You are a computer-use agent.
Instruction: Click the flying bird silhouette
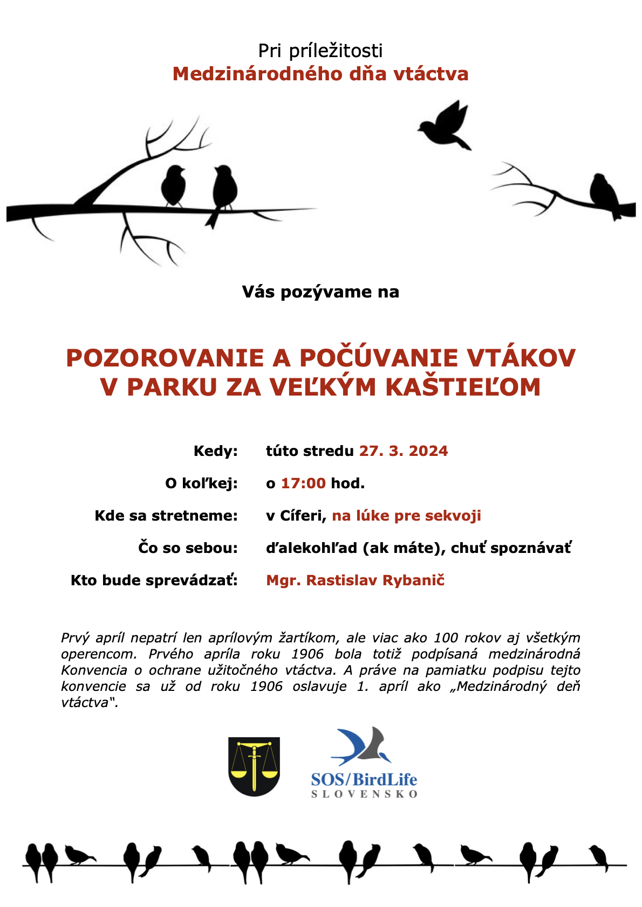[445, 125]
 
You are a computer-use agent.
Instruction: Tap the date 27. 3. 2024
[404, 451]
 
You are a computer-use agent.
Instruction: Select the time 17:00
[303, 483]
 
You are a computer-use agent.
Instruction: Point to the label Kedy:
[216, 451]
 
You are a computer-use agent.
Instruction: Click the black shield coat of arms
[254, 766]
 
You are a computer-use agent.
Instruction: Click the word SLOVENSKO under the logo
[364, 794]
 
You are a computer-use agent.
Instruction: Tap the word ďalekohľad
[311, 548]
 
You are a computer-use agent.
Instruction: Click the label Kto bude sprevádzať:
[154, 580]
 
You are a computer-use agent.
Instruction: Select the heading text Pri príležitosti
[320, 51]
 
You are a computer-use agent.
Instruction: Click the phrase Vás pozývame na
[320, 292]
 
